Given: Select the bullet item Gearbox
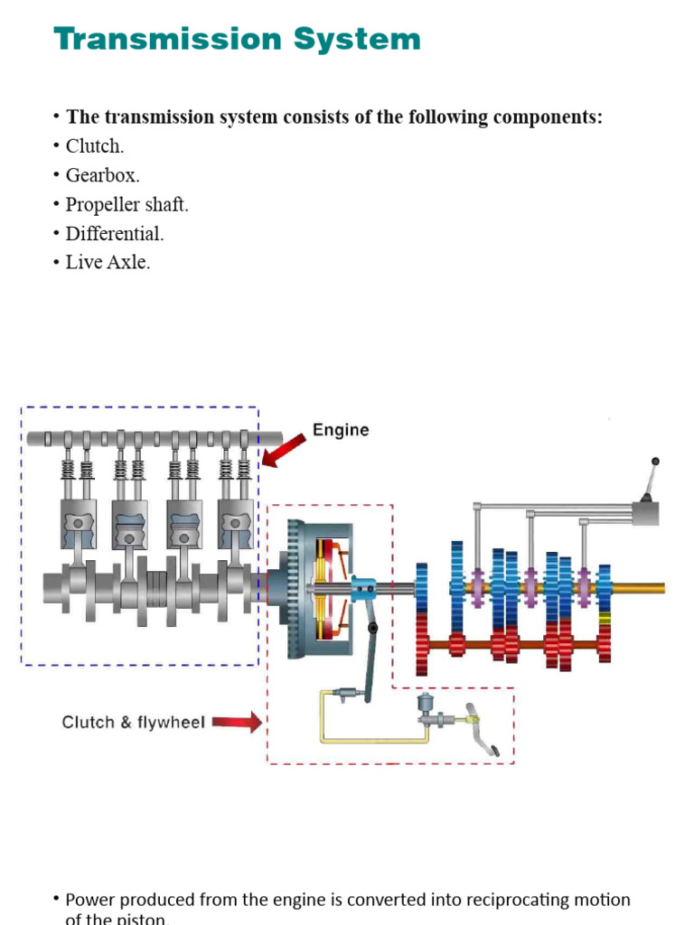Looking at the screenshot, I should click(102, 175).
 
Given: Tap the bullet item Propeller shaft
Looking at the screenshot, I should click(127, 204).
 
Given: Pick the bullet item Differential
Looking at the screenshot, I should click(115, 233).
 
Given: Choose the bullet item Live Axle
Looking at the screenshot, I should click(108, 262).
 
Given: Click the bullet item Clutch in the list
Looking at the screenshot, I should click(94, 146).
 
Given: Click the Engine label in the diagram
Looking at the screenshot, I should click(341, 430).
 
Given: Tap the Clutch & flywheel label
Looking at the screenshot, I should click(133, 722).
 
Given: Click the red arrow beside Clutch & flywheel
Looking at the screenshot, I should click(237, 722).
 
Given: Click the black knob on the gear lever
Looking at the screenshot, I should click(655, 462).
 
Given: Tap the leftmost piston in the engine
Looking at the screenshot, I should click(79, 524).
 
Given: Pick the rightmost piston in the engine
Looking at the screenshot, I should click(235, 524).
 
